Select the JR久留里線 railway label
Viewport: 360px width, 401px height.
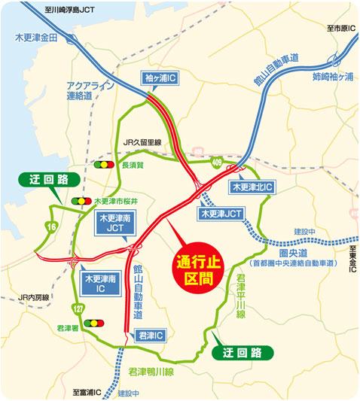click(x=142, y=142)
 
